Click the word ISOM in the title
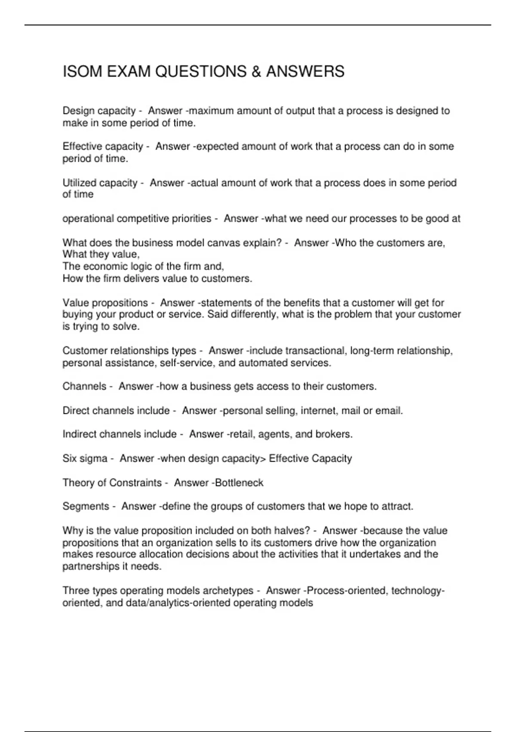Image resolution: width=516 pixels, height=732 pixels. click(82, 71)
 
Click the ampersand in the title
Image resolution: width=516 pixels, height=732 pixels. click(257, 71)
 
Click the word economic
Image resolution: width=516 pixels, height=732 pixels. click(103, 267)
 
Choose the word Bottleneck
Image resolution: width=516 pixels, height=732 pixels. click(239, 483)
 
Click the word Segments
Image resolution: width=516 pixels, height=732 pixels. click(86, 506)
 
